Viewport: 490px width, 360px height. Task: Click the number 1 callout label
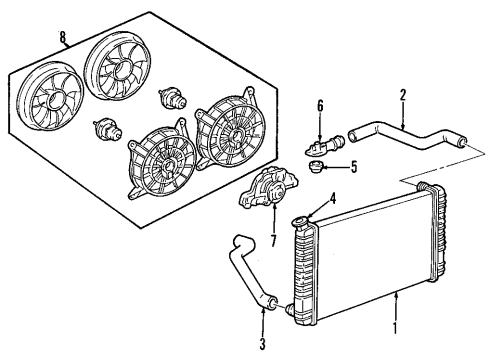[394, 326]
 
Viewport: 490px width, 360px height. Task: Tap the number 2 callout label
[402, 98]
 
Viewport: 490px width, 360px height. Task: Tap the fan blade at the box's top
[119, 67]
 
